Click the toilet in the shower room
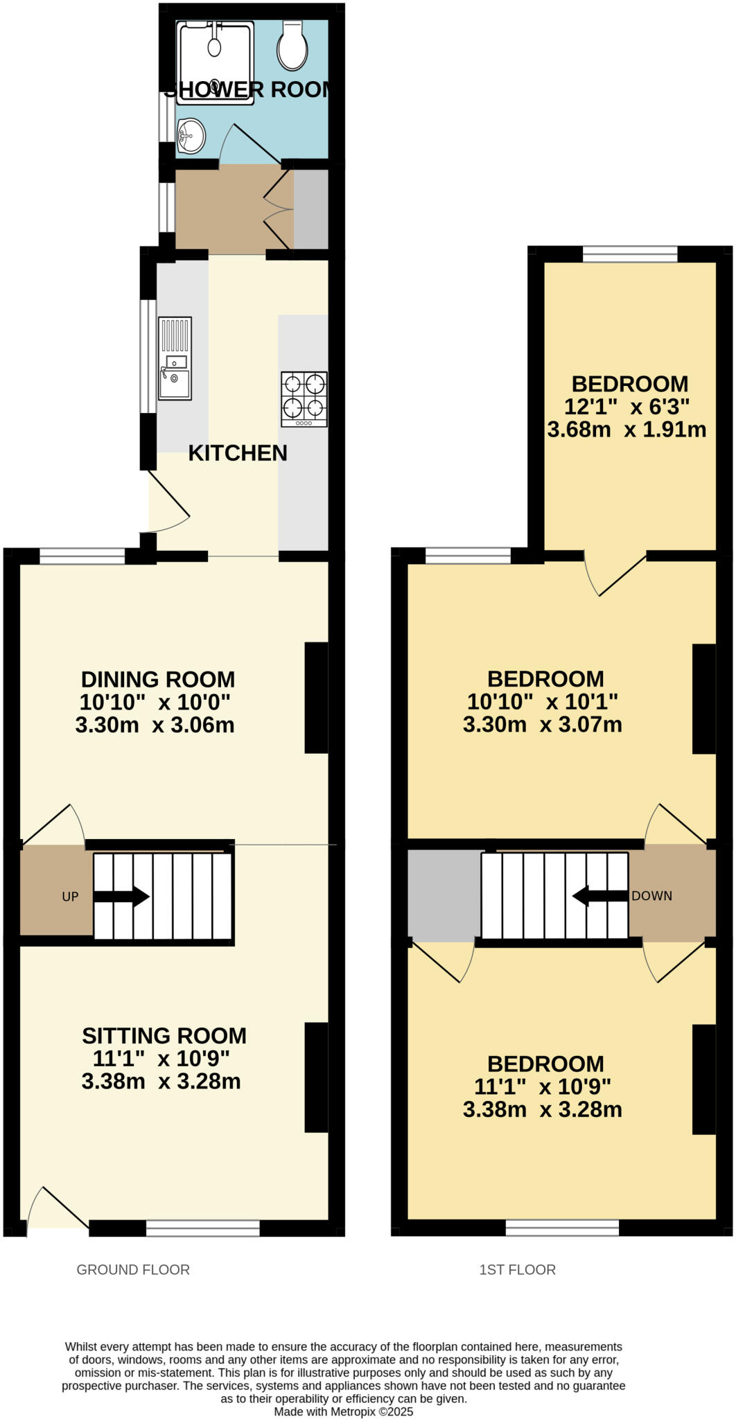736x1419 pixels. tap(292, 46)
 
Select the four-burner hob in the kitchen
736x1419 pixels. tap(304, 399)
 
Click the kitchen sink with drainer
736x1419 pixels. tap(175, 358)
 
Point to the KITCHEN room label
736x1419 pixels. tap(238, 453)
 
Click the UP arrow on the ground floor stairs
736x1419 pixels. tap(122, 896)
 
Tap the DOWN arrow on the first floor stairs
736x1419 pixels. tap(600, 896)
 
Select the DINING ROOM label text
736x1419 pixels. tap(158, 679)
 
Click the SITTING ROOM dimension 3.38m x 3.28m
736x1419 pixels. tap(161, 1082)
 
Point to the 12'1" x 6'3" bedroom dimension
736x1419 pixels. tap(627, 407)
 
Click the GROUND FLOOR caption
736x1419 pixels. tap(133, 1269)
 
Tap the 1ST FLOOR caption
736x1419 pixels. tap(517, 1269)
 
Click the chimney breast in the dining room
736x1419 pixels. tap(316, 697)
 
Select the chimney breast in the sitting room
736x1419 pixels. tap(316, 1077)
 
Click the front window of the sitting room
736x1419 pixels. tap(202, 1228)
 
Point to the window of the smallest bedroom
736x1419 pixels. tap(629, 254)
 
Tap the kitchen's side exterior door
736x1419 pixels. tap(168, 504)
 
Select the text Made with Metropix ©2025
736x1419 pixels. tap(344, 1411)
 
